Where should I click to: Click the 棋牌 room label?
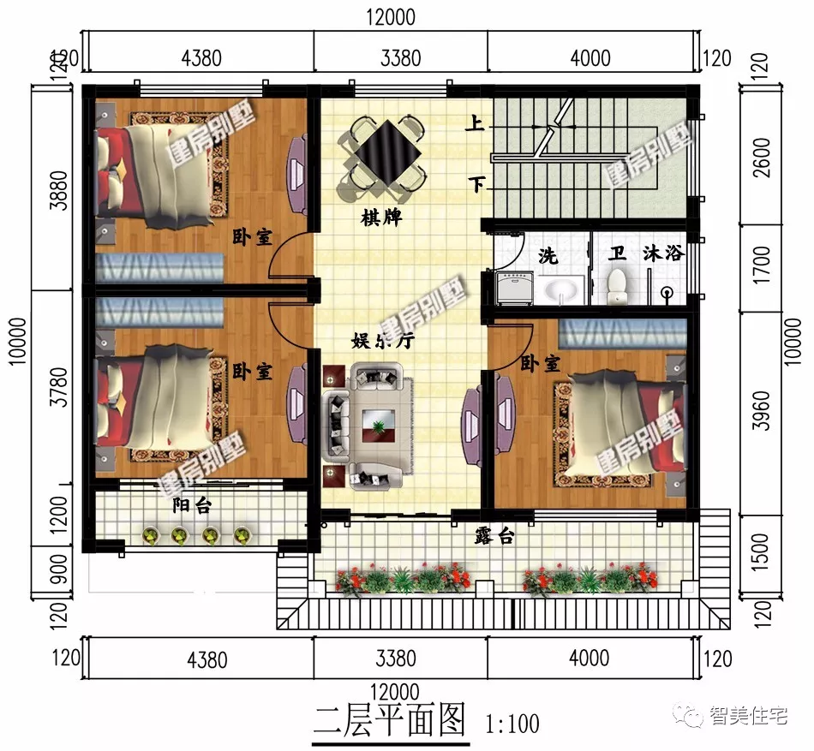point(381,218)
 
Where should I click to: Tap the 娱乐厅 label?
point(383,340)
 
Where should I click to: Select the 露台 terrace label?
point(494,537)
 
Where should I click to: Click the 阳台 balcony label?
point(192,505)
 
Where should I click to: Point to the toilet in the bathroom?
point(618,286)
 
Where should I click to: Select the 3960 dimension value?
point(760,412)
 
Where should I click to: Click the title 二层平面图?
point(389,719)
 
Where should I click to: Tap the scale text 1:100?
point(512,724)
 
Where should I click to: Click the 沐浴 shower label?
point(664,254)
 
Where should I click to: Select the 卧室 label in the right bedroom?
point(540,364)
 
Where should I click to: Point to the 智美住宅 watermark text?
point(747,716)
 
